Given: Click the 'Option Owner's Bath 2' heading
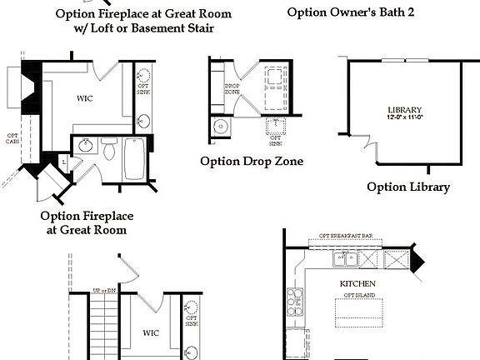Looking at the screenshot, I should pyautogui.click(x=351, y=12).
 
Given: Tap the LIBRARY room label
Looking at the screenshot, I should pyautogui.click(x=405, y=110).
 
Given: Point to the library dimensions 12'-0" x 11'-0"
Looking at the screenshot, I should pyautogui.click(x=405, y=118).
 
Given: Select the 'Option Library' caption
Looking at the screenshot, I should pyautogui.click(x=408, y=187).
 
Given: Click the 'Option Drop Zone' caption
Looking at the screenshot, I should pyautogui.click(x=251, y=161).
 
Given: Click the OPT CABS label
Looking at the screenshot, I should pyautogui.click(x=12, y=139).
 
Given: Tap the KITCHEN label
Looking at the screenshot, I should pyautogui.click(x=358, y=283).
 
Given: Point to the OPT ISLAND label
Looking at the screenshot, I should pyautogui.click(x=359, y=296).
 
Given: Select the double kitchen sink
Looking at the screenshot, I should pyautogui.click(x=344, y=261).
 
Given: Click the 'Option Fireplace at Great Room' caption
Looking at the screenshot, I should pyautogui.click(x=87, y=222).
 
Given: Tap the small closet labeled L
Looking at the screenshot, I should pyautogui.click(x=64, y=160).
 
